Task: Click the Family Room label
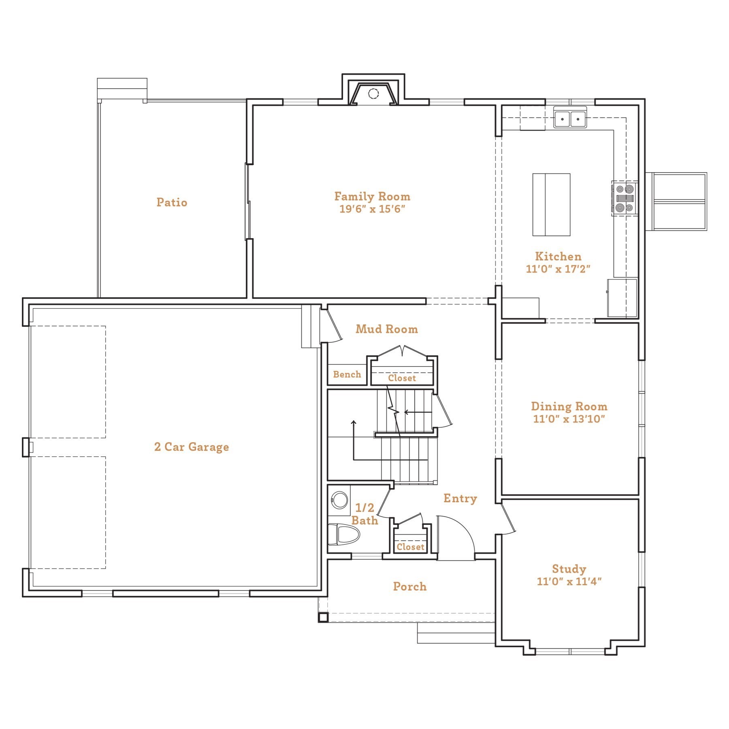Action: pos(372,196)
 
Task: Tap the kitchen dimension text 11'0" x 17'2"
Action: pos(558,269)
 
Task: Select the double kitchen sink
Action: pos(570,119)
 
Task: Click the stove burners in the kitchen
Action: pos(624,198)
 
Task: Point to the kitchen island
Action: pos(551,205)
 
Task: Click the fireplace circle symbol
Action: pos(373,94)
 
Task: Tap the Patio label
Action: pos(172,202)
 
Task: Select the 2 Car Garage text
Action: pos(192,447)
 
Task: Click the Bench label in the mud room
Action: pos(347,375)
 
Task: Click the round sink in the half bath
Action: pos(339,500)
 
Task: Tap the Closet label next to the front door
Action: pos(410,547)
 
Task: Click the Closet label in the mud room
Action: pos(402,378)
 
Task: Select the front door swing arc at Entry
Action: pos(462,529)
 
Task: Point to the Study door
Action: pos(509,518)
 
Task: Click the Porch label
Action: pos(409,586)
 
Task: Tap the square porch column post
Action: pos(323,617)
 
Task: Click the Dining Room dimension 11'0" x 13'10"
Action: pos(569,419)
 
